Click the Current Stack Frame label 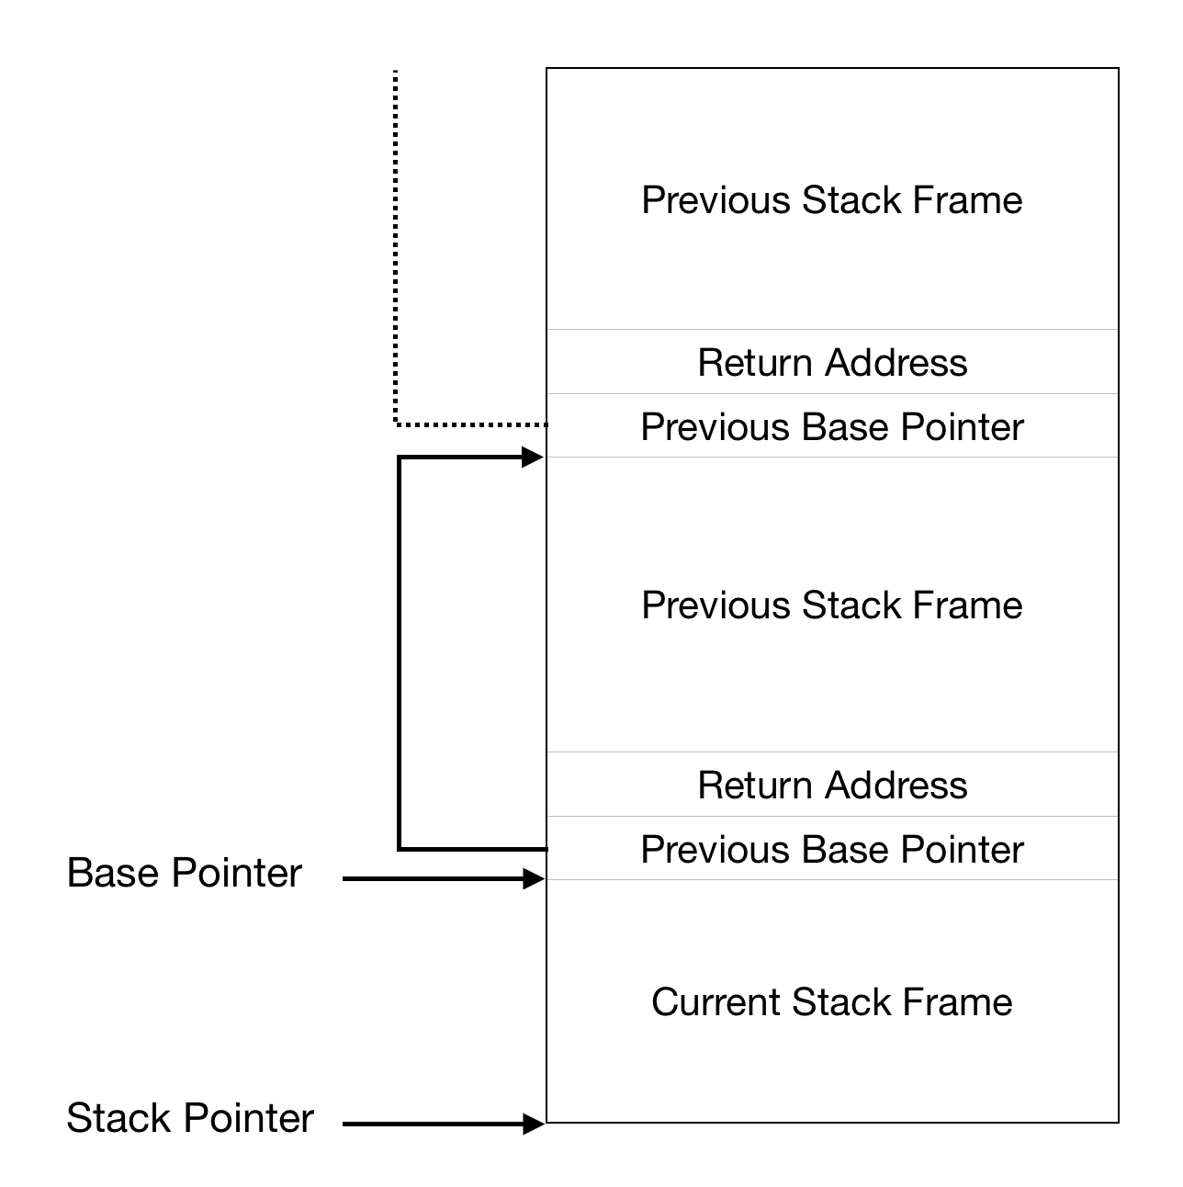tap(831, 1001)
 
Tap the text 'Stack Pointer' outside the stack tap(190, 1118)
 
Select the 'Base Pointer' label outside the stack tap(184, 873)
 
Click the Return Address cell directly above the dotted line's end tap(831, 362)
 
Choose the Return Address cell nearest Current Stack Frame tap(831, 785)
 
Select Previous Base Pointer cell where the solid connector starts tap(831, 849)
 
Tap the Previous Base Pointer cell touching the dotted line tap(831, 426)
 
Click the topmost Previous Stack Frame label tap(831, 200)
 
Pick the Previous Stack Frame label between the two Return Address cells tap(831, 605)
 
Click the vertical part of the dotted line tap(395, 248)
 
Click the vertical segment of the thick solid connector tap(399, 652)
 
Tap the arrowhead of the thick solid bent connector tap(534, 457)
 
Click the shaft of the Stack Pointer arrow tap(432, 1124)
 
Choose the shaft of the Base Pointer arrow tap(432, 879)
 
